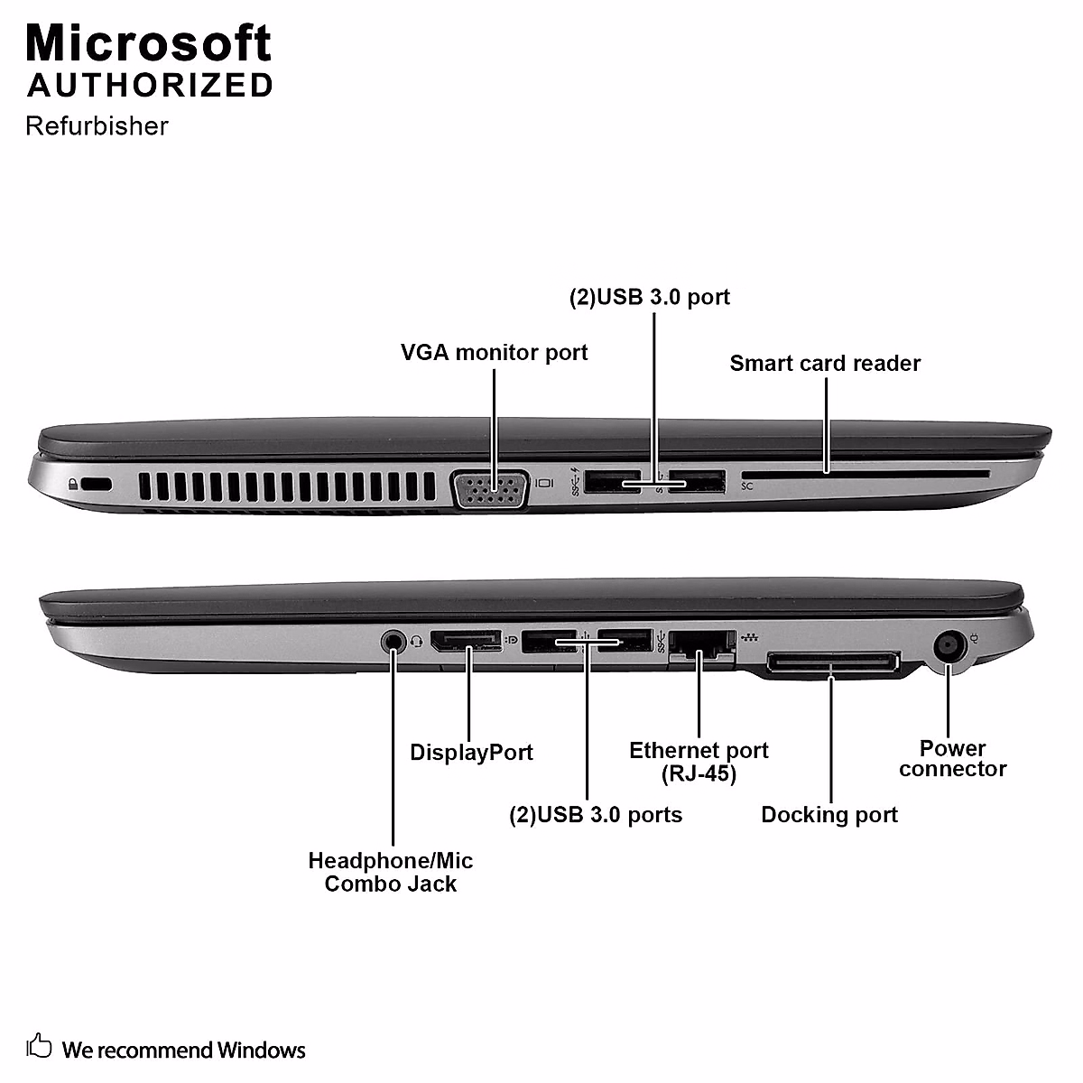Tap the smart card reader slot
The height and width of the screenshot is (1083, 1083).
(864, 473)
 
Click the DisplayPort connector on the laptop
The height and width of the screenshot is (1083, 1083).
(466, 642)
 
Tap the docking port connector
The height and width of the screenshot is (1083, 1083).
(832, 664)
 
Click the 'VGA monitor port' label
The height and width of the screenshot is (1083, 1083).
(494, 352)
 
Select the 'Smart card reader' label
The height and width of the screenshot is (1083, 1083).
(825, 363)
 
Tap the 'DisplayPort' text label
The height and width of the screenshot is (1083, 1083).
(471, 752)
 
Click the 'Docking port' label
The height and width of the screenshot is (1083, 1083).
(829, 814)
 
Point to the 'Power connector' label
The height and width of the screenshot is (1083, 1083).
(952, 758)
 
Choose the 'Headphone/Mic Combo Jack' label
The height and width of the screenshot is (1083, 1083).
(390, 872)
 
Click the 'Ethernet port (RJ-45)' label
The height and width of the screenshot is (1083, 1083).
(699, 762)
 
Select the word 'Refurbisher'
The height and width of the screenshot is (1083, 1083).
(97, 125)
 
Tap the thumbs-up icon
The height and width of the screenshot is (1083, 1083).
(40, 1046)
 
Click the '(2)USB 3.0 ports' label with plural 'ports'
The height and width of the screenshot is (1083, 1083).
(596, 814)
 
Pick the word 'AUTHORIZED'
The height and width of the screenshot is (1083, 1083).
(150, 85)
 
